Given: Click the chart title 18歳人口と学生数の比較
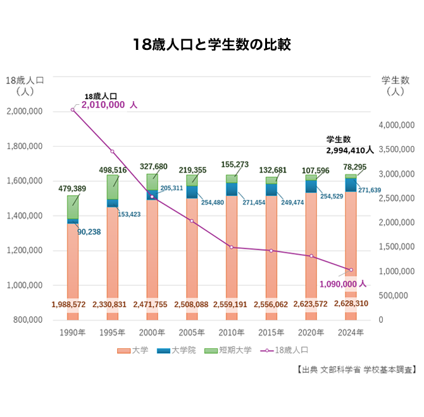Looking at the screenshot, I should tap(212, 45).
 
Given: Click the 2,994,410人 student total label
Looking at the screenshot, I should tap(350, 150).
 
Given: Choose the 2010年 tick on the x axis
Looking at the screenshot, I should tap(232, 332).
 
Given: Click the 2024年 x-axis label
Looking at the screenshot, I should tap(351, 332).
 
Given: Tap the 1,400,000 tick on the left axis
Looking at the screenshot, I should tap(23, 216).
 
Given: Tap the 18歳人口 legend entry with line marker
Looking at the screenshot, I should tap(284, 349).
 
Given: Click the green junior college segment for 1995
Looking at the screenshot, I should tap(113, 186).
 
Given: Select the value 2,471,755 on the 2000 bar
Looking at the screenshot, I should tap(152, 304).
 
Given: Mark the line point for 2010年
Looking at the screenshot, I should tap(232, 247).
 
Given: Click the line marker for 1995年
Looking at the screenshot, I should tap(113, 152).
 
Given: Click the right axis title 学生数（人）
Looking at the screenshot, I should tap(394, 85).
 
